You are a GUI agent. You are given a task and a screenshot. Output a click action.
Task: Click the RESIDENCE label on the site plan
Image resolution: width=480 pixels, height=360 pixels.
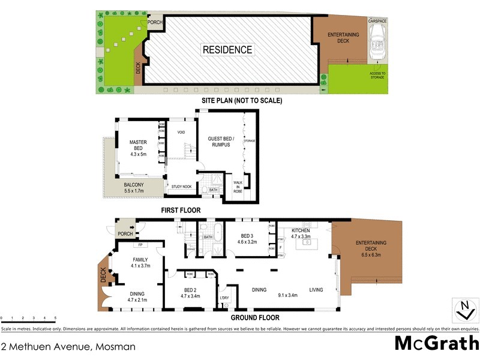pos(227,50)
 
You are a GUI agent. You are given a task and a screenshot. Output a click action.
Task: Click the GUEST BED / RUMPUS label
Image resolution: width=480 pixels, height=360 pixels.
pos(219,142)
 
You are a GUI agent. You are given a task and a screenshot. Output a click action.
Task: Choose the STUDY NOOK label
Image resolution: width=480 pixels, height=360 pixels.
pos(181,187)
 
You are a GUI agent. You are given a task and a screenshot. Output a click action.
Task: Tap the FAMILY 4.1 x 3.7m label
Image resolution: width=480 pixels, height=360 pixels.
pos(140,262)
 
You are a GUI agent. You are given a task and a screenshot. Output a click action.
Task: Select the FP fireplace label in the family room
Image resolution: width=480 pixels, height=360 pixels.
pos(139,245)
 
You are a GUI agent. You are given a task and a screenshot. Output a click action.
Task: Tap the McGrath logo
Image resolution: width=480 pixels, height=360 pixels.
pos(436,344)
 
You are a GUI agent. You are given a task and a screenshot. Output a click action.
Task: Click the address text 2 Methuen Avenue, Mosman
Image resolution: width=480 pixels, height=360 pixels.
pos(68,346)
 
